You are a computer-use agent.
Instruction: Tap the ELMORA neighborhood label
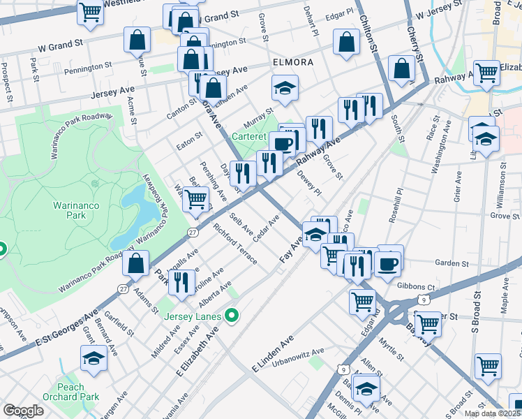pyautogui.click(x=292, y=62)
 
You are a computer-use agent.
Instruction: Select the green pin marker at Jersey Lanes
pyautogui.click(x=232, y=317)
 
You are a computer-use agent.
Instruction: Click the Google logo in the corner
pyautogui.click(x=23, y=411)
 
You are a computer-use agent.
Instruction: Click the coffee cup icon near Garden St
pyautogui.click(x=389, y=263)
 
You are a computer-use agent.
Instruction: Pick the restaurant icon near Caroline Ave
pyautogui.click(x=181, y=281)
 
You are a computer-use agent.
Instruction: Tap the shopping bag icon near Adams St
pyautogui.click(x=136, y=263)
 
